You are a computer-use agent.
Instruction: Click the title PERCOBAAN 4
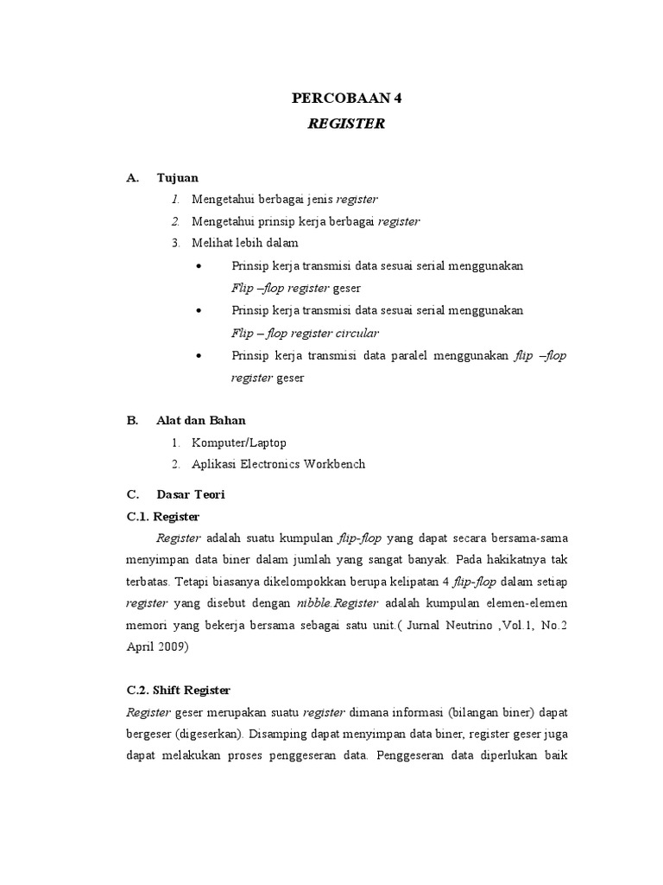(x=346, y=99)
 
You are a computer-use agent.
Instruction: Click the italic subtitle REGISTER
(x=346, y=124)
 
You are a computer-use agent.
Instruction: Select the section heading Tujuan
(x=177, y=178)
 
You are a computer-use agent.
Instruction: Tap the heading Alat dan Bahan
(x=200, y=420)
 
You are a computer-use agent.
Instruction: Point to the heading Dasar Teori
(x=190, y=494)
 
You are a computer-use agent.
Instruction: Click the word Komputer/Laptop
(x=239, y=442)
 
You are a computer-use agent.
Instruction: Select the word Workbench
(x=333, y=464)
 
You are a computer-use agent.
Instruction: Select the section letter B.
(x=132, y=420)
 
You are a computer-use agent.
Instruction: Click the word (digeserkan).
(x=211, y=734)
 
